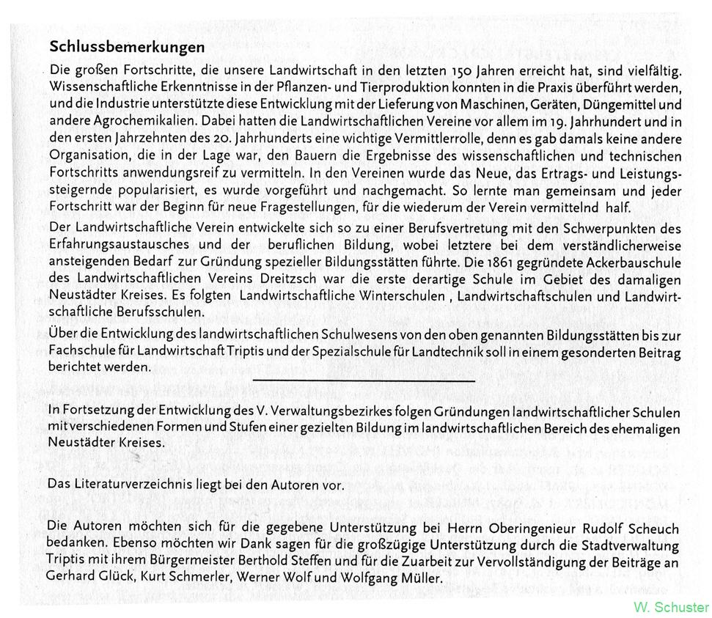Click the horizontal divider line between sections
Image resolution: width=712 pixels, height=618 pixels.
click(363, 380)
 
